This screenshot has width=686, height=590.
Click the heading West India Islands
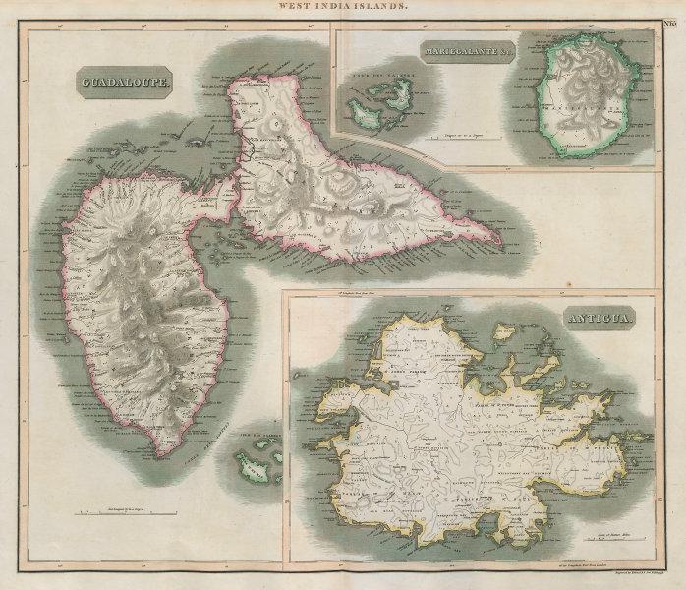tap(343, 6)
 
